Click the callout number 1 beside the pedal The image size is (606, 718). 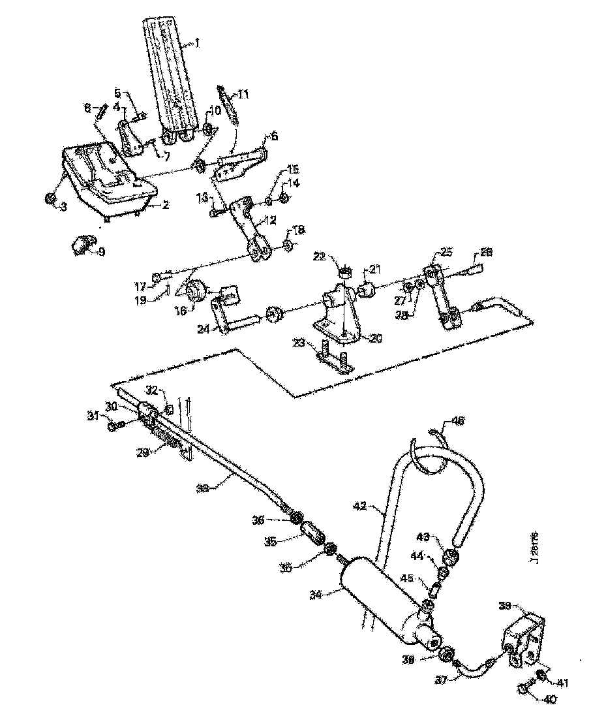pos(198,44)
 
